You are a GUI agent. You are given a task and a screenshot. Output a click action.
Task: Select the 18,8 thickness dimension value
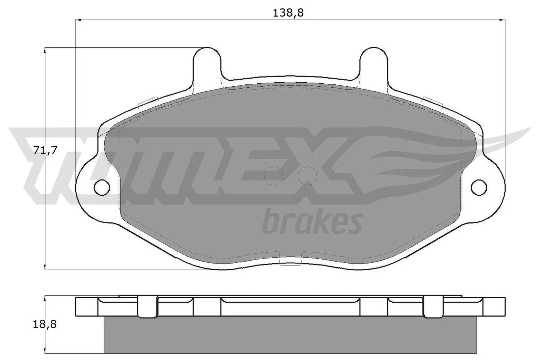[45, 324]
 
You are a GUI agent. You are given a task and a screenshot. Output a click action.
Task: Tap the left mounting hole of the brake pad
[102, 187]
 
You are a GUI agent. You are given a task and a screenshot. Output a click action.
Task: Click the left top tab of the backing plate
[207, 62]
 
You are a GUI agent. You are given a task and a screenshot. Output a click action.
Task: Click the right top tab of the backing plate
[374, 62]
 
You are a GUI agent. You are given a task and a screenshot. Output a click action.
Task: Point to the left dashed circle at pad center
[273, 175]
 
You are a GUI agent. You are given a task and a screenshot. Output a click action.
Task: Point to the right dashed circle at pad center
[307, 175]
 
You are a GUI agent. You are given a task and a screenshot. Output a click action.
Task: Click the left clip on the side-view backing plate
[147, 307]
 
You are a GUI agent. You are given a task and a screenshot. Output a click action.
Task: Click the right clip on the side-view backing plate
[433, 307]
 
